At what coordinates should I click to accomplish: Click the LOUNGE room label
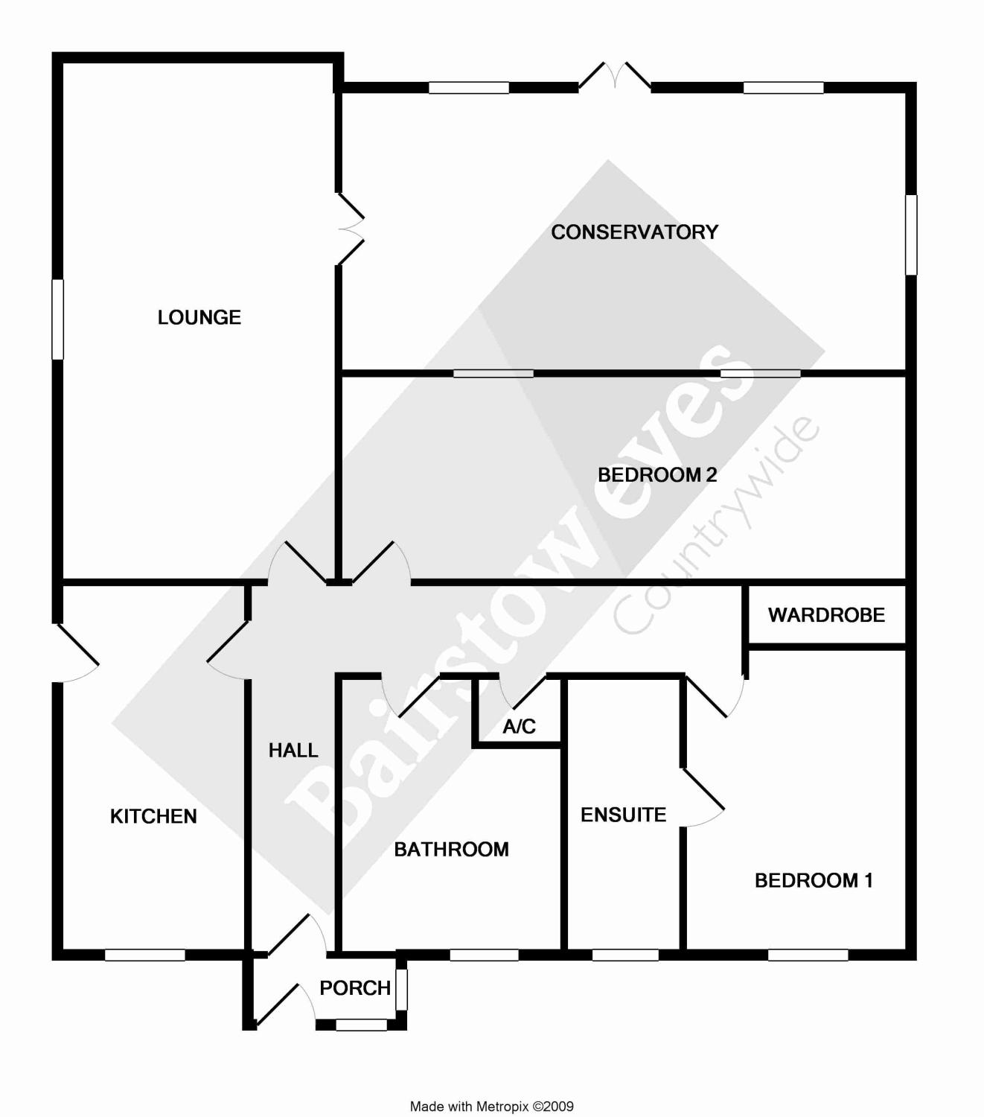(199, 317)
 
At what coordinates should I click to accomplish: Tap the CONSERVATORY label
(634, 232)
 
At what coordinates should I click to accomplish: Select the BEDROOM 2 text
(657, 474)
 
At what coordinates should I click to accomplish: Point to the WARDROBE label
(826, 615)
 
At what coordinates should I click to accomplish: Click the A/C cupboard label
(519, 727)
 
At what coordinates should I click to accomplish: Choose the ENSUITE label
(623, 815)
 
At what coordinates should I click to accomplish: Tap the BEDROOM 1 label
(814, 880)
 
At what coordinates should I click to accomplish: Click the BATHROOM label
(451, 849)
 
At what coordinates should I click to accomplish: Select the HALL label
(293, 751)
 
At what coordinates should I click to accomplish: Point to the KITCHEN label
(153, 816)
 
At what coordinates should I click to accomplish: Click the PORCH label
(355, 988)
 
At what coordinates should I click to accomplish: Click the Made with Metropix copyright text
(492, 1107)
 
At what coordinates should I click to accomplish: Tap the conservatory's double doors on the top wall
(615, 76)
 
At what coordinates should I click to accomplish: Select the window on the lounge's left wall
(57, 319)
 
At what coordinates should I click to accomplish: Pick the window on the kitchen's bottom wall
(144, 955)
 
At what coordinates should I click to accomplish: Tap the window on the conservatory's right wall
(911, 235)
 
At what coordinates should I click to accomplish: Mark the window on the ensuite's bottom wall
(625, 955)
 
